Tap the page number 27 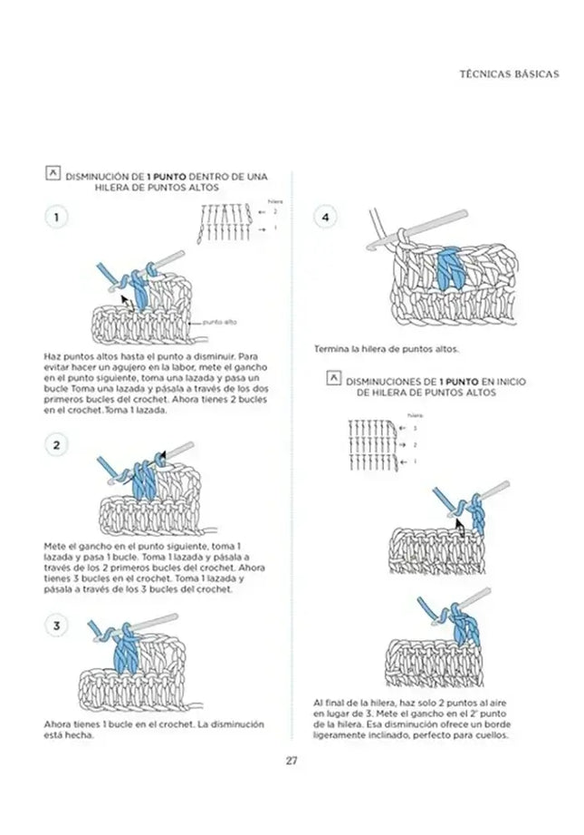click(292, 760)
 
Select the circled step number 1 click(56, 218)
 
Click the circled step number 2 click(56, 444)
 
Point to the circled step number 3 click(56, 626)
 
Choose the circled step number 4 click(325, 218)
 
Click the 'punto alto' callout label click(219, 322)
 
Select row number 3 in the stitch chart click(415, 427)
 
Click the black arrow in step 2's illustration click(162, 457)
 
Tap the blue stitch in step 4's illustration click(447, 269)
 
